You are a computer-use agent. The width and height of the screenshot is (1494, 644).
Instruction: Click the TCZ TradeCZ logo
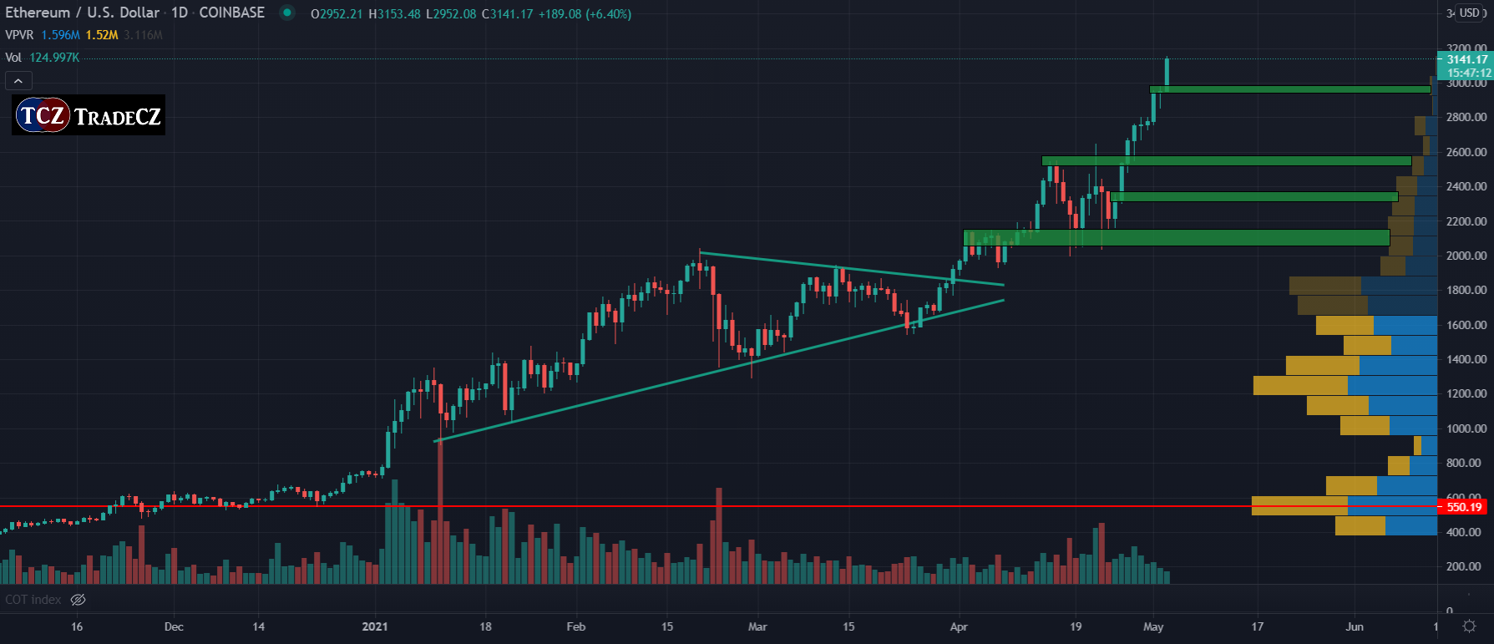click(x=89, y=115)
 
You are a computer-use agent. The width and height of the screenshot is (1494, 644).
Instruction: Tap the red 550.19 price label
click(x=1464, y=507)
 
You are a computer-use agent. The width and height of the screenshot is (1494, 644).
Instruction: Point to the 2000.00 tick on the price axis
click(x=1466, y=256)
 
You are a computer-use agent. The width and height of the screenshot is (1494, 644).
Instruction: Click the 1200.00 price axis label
click(x=1466, y=393)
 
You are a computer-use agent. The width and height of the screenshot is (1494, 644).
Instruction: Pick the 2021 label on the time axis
click(x=375, y=626)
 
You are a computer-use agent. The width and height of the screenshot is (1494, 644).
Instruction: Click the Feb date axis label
click(x=576, y=626)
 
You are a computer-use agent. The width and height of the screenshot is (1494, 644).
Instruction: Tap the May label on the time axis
click(x=1153, y=626)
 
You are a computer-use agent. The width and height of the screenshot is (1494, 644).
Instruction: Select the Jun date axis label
click(x=1355, y=626)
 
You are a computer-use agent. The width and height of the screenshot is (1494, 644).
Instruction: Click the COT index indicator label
click(x=33, y=600)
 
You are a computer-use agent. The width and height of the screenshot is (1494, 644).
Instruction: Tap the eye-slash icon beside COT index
click(x=78, y=600)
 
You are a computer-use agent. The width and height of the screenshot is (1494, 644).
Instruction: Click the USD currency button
click(x=1470, y=13)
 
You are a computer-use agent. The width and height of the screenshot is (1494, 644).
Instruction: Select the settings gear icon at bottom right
click(x=1470, y=626)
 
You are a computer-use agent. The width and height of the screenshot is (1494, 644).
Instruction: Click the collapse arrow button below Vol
click(x=18, y=81)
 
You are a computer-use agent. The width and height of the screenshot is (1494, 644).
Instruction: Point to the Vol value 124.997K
click(x=54, y=58)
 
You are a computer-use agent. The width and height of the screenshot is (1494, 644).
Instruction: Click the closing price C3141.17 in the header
click(x=507, y=14)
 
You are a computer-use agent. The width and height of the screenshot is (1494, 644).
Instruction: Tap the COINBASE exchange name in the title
click(x=231, y=13)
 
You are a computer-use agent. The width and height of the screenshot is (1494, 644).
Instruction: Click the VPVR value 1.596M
click(x=61, y=35)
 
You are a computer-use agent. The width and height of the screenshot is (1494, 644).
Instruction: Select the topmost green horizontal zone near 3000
click(x=1290, y=89)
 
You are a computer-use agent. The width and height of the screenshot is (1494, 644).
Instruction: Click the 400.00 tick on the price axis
click(x=1466, y=532)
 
